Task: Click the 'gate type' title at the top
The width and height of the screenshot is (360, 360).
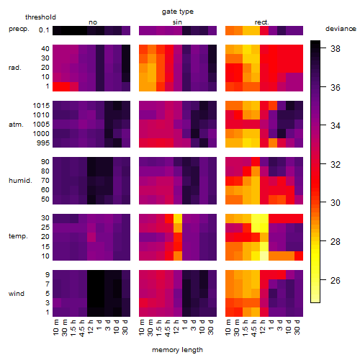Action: click(178, 12)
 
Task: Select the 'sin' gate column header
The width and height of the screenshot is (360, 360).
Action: click(177, 22)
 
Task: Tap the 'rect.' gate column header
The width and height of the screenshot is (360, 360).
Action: click(261, 22)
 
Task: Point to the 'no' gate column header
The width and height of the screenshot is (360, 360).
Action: click(93, 22)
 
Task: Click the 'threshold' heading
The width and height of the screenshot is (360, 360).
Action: click(40, 17)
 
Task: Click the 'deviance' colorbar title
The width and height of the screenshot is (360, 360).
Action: click(341, 29)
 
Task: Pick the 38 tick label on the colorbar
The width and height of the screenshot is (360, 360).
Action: click(336, 49)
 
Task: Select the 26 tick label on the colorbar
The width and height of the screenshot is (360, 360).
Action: click(336, 280)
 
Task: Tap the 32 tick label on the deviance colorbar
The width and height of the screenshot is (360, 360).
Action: click(336, 165)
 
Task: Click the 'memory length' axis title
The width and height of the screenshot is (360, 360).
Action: click(177, 350)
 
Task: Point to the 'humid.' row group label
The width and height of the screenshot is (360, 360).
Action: click(20, 181)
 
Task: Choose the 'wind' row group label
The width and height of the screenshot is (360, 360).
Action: click(17, 294)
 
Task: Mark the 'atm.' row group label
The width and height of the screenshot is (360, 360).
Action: click(16, 125)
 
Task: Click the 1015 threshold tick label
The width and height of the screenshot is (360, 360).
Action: click(41, 106)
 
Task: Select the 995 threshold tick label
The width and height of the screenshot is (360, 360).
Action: click(43, 143)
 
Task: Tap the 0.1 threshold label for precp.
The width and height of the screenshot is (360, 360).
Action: click(44, 30)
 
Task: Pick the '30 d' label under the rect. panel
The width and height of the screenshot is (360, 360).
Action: click(297, 328)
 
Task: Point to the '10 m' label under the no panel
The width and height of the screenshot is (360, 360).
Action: click(55, 328)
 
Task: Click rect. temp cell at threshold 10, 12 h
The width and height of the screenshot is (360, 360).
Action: click(264, 256)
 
